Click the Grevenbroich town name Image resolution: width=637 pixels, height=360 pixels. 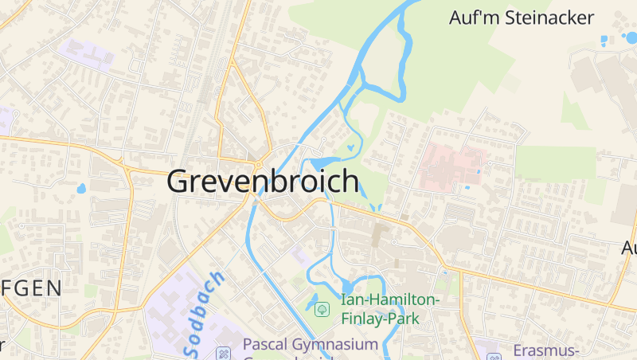[x=263, y=182]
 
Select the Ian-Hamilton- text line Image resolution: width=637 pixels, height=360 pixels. [x=390, y=300]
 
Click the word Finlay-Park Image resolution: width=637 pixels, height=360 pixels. [x=380, y=318]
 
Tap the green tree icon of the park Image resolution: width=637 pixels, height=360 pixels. [x=322, y=308]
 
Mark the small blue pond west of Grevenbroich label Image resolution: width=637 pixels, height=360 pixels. [x=80, y=190]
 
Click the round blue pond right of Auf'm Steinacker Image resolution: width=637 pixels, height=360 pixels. [x=631, y=37]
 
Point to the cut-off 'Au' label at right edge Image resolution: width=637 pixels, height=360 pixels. [x=629, y=248]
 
